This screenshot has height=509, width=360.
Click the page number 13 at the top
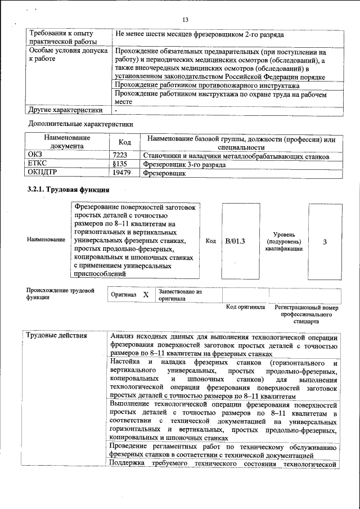pos(185,20)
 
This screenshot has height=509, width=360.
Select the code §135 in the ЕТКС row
pos(120,165)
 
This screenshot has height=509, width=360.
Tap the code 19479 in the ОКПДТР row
pos(121,174)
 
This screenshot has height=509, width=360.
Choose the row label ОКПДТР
pos(42,174)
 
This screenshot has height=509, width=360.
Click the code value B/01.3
pos(235,241)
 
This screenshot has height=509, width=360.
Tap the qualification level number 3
pos(325,242)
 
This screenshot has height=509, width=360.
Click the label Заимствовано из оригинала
pos(180,295)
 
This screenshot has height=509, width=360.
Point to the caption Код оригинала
pos(245,308)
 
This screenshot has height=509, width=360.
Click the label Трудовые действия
pos(57,336)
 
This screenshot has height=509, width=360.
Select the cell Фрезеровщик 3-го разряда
pos(184,165)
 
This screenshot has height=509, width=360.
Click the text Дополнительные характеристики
pos(80,123)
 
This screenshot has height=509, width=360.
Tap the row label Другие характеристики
pos(65,110)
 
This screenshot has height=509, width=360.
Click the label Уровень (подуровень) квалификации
pos(284,241)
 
